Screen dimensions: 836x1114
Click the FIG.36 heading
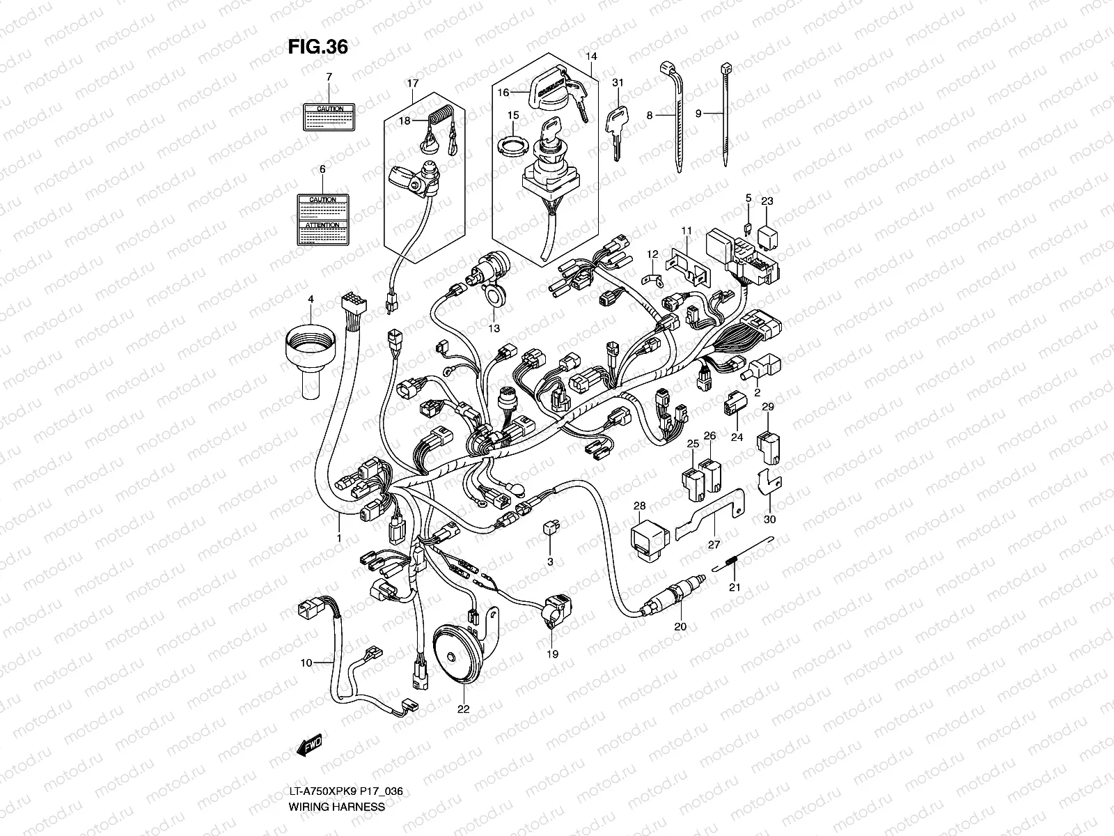pyautogui.click(x=317, y=47)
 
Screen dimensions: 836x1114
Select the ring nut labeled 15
pyautogui.click(x=512, y=147)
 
